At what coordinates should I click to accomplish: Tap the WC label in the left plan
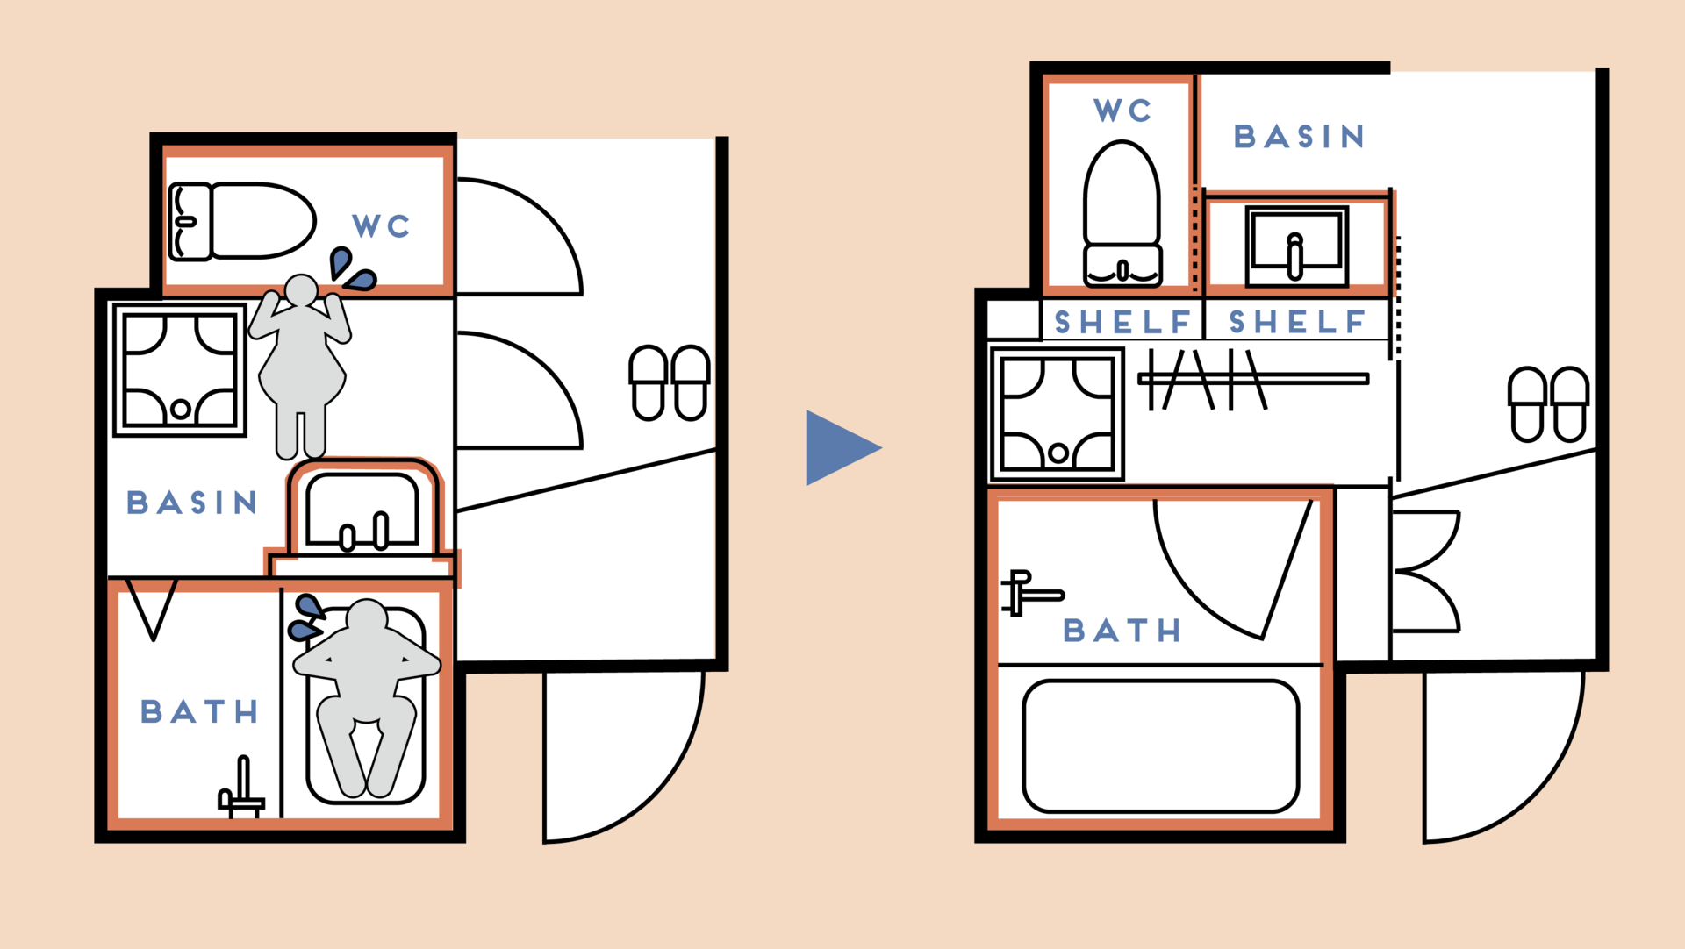pos(381,226)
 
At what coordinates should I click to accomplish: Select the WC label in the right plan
pos(1122,111)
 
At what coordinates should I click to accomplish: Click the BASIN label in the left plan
pos(192,503)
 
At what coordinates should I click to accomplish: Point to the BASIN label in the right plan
pos(1299,137)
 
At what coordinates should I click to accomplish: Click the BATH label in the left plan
pos(199,711)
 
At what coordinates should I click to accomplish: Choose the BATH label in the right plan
pos(1122,631)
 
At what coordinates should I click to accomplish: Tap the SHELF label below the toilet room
pos(1122,323)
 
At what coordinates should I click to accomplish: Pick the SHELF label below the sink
pos(1297,323)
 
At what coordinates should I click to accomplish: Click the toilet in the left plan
pos(241,221)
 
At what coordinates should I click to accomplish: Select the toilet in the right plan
pos(1122,215)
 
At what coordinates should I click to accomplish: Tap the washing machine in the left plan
pos(180,369)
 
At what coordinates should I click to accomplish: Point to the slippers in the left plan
pos(670,382)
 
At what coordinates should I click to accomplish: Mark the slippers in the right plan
pos(1548,403)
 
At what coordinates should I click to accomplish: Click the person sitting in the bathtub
pos(366,693)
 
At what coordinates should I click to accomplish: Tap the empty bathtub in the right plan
pos(1160,746)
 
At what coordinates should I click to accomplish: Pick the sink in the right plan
pos(1296,246)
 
